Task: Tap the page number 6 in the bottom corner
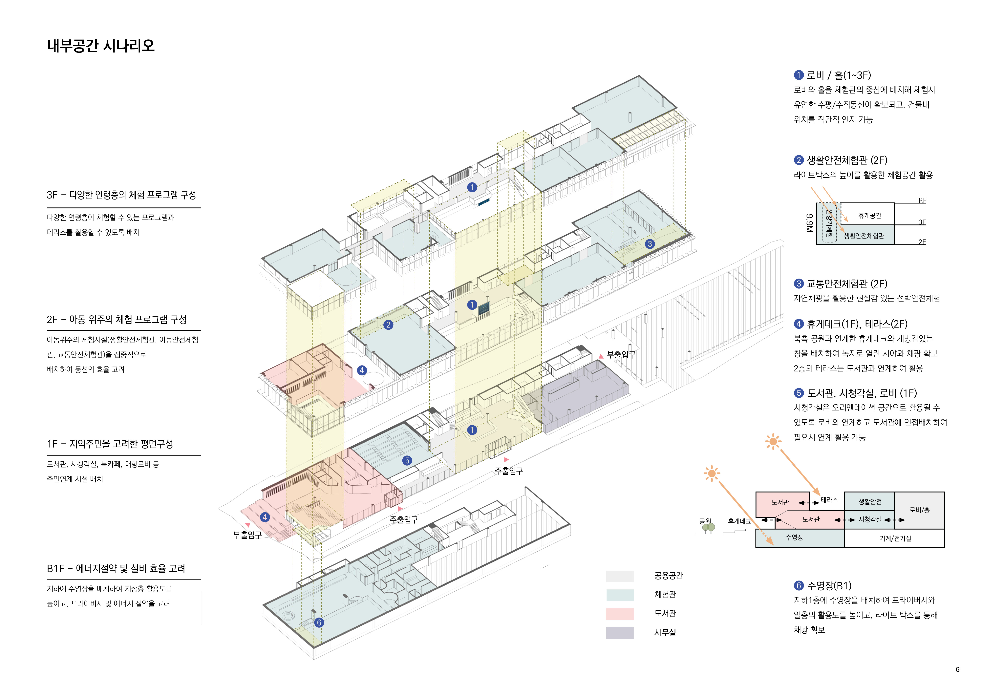pos(957,669)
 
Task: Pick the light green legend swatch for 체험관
pos(620,595)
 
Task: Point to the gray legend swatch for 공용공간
pos(620,576)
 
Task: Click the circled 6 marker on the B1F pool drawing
pos(319,622)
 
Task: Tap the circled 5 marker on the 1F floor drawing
pos(407,460)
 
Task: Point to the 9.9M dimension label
pos(809,223)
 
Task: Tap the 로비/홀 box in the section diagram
pos(920,510)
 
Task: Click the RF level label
pos(922,200)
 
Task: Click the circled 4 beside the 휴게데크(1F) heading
pos(799,324)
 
